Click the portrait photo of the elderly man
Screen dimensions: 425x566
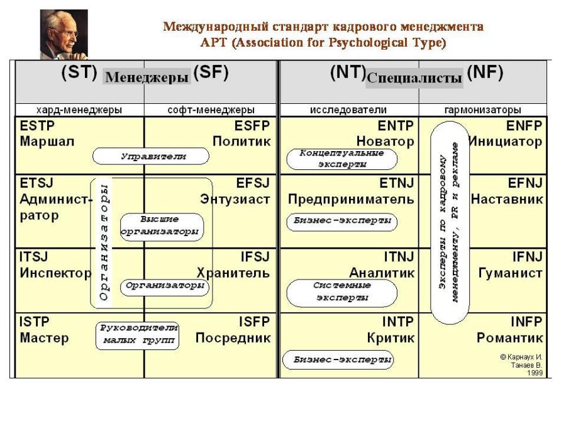tap(64, 33)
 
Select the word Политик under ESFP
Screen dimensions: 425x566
tap(241, 142)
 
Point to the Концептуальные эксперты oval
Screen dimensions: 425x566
tap(341, 159)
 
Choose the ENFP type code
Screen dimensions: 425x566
tap(524, 125)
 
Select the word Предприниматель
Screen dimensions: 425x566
tap(351, 200)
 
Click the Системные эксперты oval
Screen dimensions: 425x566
tap(341, 292)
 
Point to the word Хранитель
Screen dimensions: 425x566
tap(233, 273)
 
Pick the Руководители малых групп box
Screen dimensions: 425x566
tap(137, 335)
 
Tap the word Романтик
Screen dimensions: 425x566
tap(509, 338)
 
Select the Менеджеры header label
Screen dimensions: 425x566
tap(147, 77)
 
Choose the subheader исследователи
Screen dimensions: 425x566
tap(348, 110)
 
